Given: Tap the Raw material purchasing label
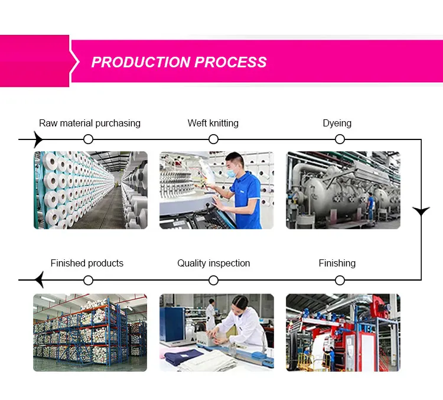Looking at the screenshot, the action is (90, 123).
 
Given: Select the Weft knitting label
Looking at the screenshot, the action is (213, 123).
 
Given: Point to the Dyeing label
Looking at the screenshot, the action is (337, 123).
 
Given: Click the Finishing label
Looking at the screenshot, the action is (337, 263).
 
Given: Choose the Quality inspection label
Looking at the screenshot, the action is (214, 263).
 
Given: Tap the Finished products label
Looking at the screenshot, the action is (87, 263).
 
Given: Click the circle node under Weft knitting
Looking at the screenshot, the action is (214, 139).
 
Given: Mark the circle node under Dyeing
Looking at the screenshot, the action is (340, 139).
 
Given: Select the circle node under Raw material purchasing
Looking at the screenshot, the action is (89, 139).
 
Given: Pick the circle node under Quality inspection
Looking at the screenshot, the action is (214, 279).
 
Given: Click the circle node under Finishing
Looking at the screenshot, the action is (340, 279).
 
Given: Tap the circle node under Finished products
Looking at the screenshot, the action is (89, 279).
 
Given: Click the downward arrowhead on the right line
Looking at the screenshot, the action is (421, 210).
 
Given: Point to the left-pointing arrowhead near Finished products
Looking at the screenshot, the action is (39, 279).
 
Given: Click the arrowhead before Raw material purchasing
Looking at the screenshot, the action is (38, 139).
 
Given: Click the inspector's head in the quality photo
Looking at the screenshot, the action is (238, 305).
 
